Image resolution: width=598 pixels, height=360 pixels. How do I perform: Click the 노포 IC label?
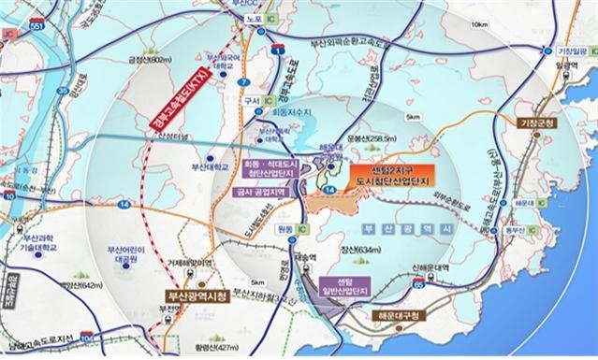(290, 18)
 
